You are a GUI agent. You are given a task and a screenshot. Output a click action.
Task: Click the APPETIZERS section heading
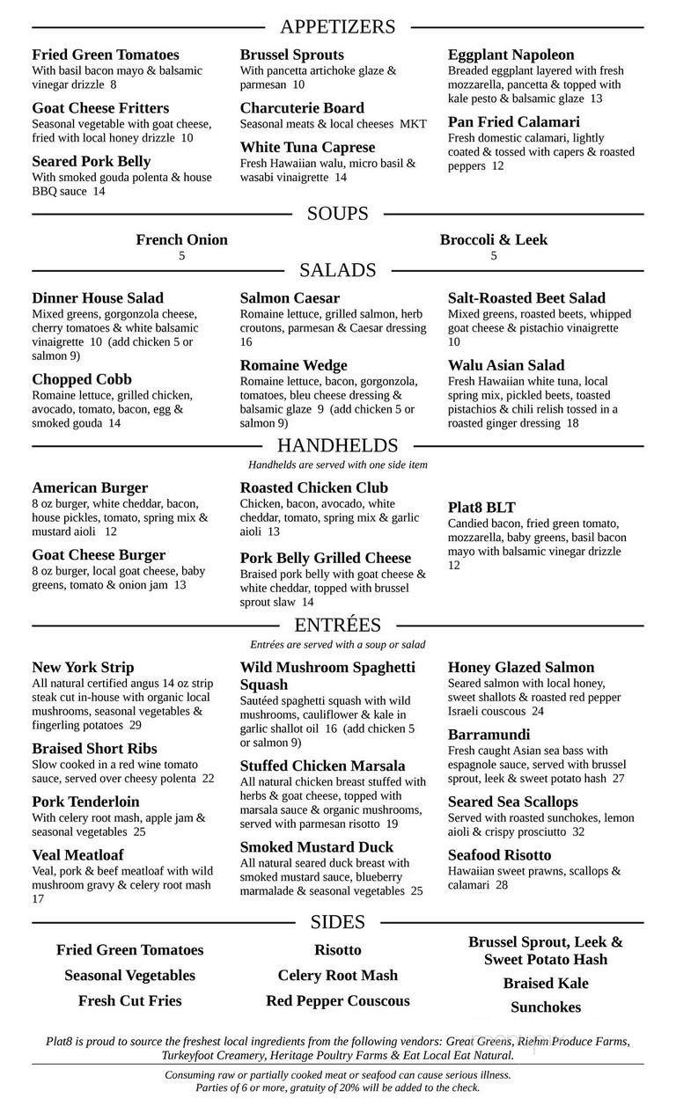[x=338, y=26]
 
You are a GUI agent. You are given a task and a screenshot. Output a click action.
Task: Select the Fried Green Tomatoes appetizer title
[x=106, y=55]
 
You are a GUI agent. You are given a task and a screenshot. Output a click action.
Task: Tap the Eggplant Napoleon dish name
[x=511, y=55]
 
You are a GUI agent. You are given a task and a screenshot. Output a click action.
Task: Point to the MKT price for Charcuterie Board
[x=413, y=124]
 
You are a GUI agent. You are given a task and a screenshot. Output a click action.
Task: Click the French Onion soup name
[x=181, y=239]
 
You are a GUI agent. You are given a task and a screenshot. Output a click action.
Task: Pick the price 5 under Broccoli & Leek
[x=494, y=256]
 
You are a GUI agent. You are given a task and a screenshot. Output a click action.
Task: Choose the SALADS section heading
[x=338, y=270]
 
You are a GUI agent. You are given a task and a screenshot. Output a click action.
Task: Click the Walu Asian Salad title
[x=506, y=365]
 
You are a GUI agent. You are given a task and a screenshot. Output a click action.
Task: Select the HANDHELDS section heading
[x=338, y=446]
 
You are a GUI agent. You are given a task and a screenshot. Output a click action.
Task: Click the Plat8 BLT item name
[x=481, y=508]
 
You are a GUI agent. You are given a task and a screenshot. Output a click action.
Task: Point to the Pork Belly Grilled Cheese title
[x=326, y=558]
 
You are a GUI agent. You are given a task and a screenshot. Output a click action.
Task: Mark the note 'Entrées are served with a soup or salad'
[x=338, y=644]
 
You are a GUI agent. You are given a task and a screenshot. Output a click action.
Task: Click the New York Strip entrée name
[x=84, y=667]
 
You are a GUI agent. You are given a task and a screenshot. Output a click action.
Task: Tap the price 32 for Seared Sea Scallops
[x=578, y=831]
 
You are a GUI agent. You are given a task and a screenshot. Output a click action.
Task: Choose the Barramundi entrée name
[x=489, y=734]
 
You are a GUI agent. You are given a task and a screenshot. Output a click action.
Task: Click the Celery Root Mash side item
[x=338, y=975]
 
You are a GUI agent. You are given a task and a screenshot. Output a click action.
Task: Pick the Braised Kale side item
[x=546, y=983]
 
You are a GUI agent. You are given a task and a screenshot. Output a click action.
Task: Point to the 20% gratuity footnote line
[x=338, y=1087]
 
